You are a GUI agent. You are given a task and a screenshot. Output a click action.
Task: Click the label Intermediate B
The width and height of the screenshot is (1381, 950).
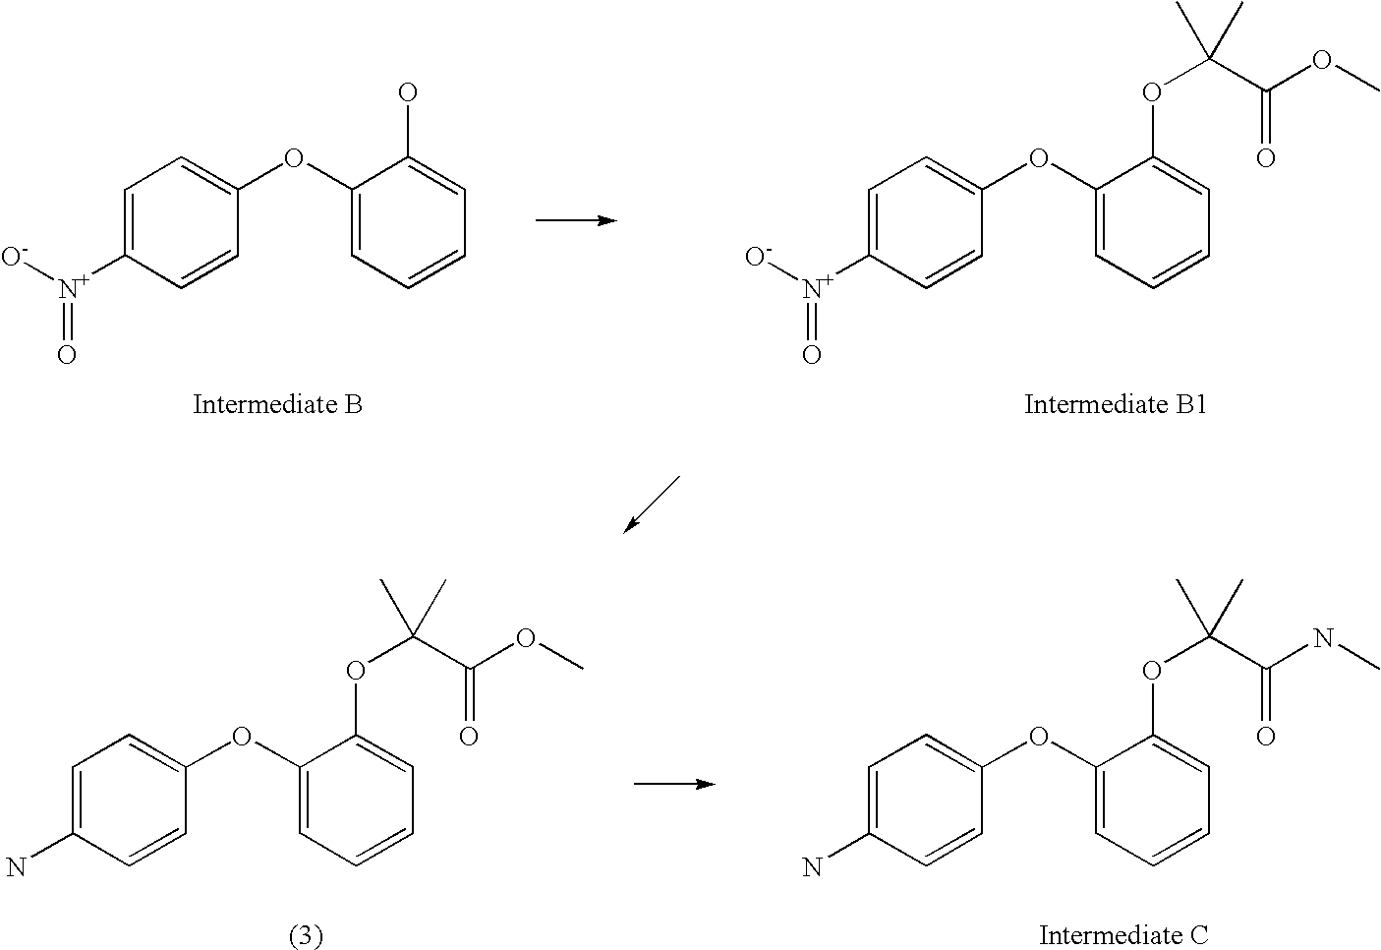point(277,404)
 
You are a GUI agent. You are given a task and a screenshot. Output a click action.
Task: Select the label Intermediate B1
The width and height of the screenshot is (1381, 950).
point(1116,404)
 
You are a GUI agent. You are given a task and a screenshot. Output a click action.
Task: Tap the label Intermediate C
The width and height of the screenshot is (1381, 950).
point(1123,934)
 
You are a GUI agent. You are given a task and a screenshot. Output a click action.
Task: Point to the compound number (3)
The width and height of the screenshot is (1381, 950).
point(306,935)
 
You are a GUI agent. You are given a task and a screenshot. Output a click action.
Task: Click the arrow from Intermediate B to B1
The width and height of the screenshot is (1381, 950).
point(576,219)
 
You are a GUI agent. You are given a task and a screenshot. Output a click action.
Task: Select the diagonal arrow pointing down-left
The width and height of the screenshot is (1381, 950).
point(651,505)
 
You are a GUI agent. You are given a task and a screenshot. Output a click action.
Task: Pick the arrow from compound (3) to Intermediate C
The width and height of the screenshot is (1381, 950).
point(673,784)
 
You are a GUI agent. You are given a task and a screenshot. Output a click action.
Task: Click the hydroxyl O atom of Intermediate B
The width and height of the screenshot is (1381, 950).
point(407,94)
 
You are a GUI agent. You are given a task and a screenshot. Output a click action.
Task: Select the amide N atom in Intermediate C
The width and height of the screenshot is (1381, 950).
point(1322,639)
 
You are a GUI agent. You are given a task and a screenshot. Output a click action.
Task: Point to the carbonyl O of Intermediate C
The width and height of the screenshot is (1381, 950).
point(1266,736)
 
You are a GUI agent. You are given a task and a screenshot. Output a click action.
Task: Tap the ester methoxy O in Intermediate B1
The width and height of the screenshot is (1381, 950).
point(1322,60)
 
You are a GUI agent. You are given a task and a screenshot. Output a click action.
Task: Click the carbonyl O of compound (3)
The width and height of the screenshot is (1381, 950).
point(469,736)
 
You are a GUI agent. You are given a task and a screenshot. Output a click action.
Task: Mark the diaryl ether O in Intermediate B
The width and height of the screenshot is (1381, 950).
point(292,157)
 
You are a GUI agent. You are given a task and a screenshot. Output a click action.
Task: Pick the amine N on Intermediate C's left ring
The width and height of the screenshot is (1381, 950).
point(812,866)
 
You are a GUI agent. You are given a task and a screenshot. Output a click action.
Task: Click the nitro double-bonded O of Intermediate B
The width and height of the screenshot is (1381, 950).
point(66,354)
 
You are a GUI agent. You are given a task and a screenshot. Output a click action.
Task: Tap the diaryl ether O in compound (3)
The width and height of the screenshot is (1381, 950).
point(242,736)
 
